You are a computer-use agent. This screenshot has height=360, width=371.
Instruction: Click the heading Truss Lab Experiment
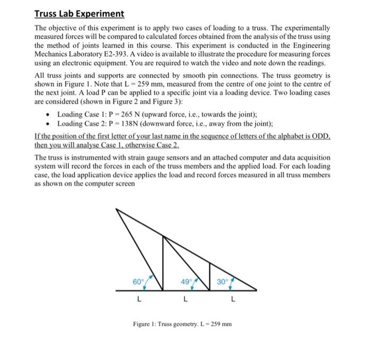tap(79, 14)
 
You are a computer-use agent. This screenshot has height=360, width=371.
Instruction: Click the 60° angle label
tap(138, 281)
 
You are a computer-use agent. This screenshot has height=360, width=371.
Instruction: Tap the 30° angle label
tap(223, 281)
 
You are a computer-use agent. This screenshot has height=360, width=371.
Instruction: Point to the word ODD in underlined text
tap(320, 136)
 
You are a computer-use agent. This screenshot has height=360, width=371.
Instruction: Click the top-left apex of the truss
tap(116, 209)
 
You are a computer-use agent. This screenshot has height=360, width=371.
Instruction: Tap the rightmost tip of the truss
tap(257, 290)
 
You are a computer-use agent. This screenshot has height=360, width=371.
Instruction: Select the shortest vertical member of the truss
tap(210, 276)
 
